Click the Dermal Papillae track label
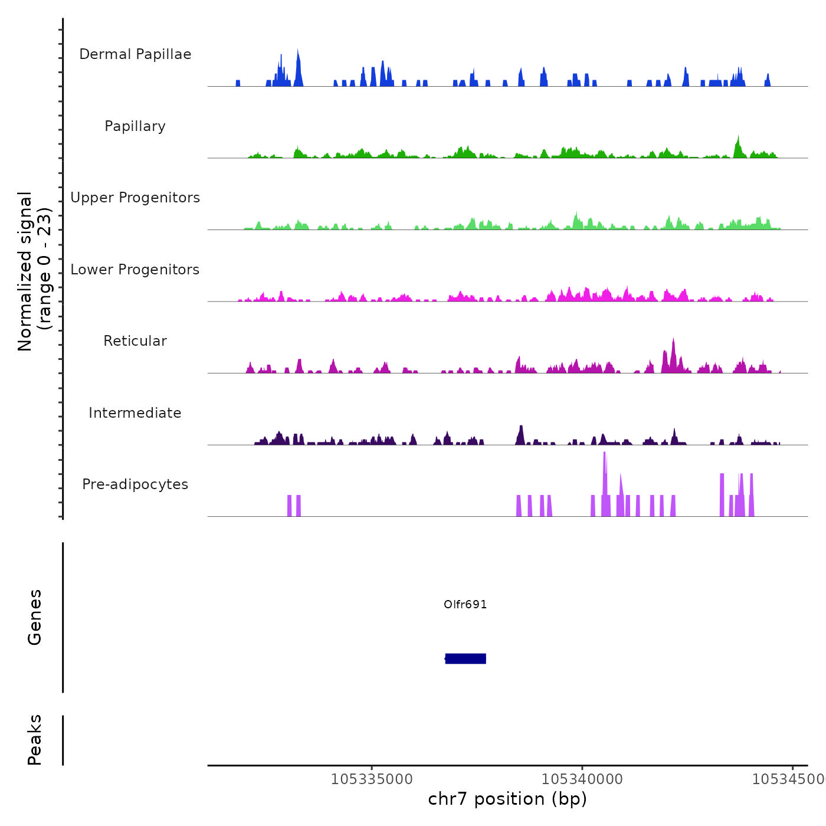pyautogui.click(x=135, y=54)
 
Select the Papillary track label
pyautogui.click(x=135, y=126)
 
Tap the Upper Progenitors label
pyautogui.click(x=135, y=198)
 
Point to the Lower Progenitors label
pyautogui.click(x=135, y=270)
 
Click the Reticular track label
pyautogui.click(x=135, y=341)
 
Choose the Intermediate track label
pyautogui.click(x=135, y=413)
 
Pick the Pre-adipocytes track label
pyautogui.click(x=135, y=484)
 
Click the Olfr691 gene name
pyautogui.click(x=465, y=604)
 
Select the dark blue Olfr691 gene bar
pyautogui.click(x=466, y=658)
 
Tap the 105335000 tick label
pyautogui.click(x=372, y=779)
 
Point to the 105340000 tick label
pyautogui.click(x=582, y=779)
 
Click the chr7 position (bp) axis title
pyautogui.click(x=507, y=799)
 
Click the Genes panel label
pyautogui.click(x=35, y=617)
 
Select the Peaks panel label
pyautogui.click(x=35, y=740)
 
